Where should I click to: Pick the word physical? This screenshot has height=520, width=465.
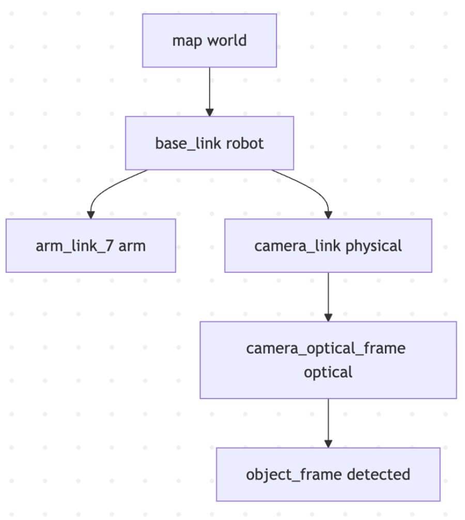click(x=374, y=246)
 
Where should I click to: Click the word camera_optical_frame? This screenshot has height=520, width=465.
click(x=326, y=348)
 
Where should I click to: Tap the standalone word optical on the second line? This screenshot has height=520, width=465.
click(x=328, y=372)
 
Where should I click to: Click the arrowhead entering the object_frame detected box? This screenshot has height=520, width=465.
click(x=328, y=443)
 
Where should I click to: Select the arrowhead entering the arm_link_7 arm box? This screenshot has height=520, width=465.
click(x=91, y=215)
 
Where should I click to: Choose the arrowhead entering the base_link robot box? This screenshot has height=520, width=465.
click(x=209, y=112)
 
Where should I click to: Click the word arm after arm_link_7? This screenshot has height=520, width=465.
click(x=132, y=246)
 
